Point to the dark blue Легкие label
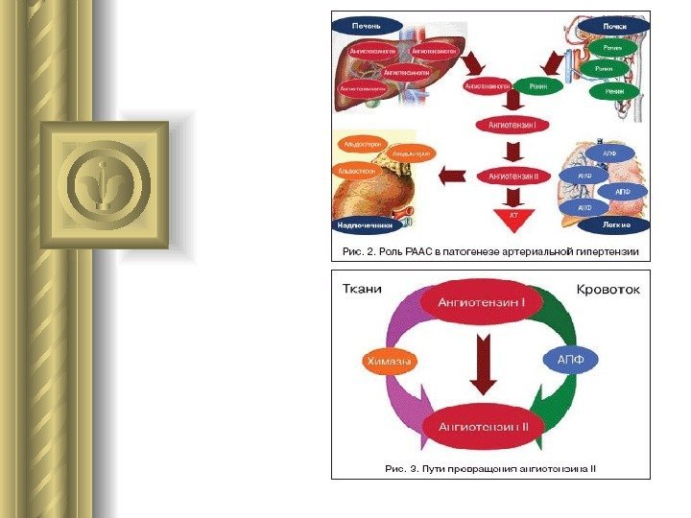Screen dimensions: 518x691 click(x=615, y=224)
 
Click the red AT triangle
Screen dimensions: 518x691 click(x=513, y=215)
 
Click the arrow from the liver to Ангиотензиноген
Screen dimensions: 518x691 click(x=475, y=63)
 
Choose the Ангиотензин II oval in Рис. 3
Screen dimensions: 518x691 click(x=484, y=423)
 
